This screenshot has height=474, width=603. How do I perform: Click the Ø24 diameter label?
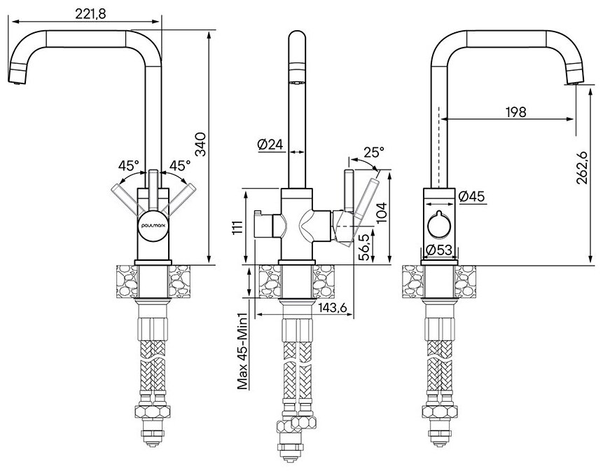coord(270,144)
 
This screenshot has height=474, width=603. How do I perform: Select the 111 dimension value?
coord(238,228)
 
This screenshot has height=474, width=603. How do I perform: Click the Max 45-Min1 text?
coord(243,351)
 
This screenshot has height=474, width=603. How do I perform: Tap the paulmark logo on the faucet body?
coord(152,219)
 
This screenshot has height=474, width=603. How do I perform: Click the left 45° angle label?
coord(127,166)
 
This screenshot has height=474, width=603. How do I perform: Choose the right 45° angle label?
coord(180,166)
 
